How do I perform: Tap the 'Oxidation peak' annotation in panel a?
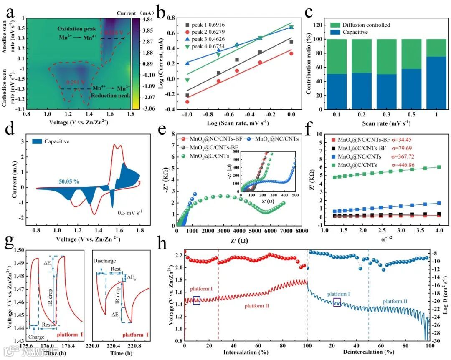click(75, 28)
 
